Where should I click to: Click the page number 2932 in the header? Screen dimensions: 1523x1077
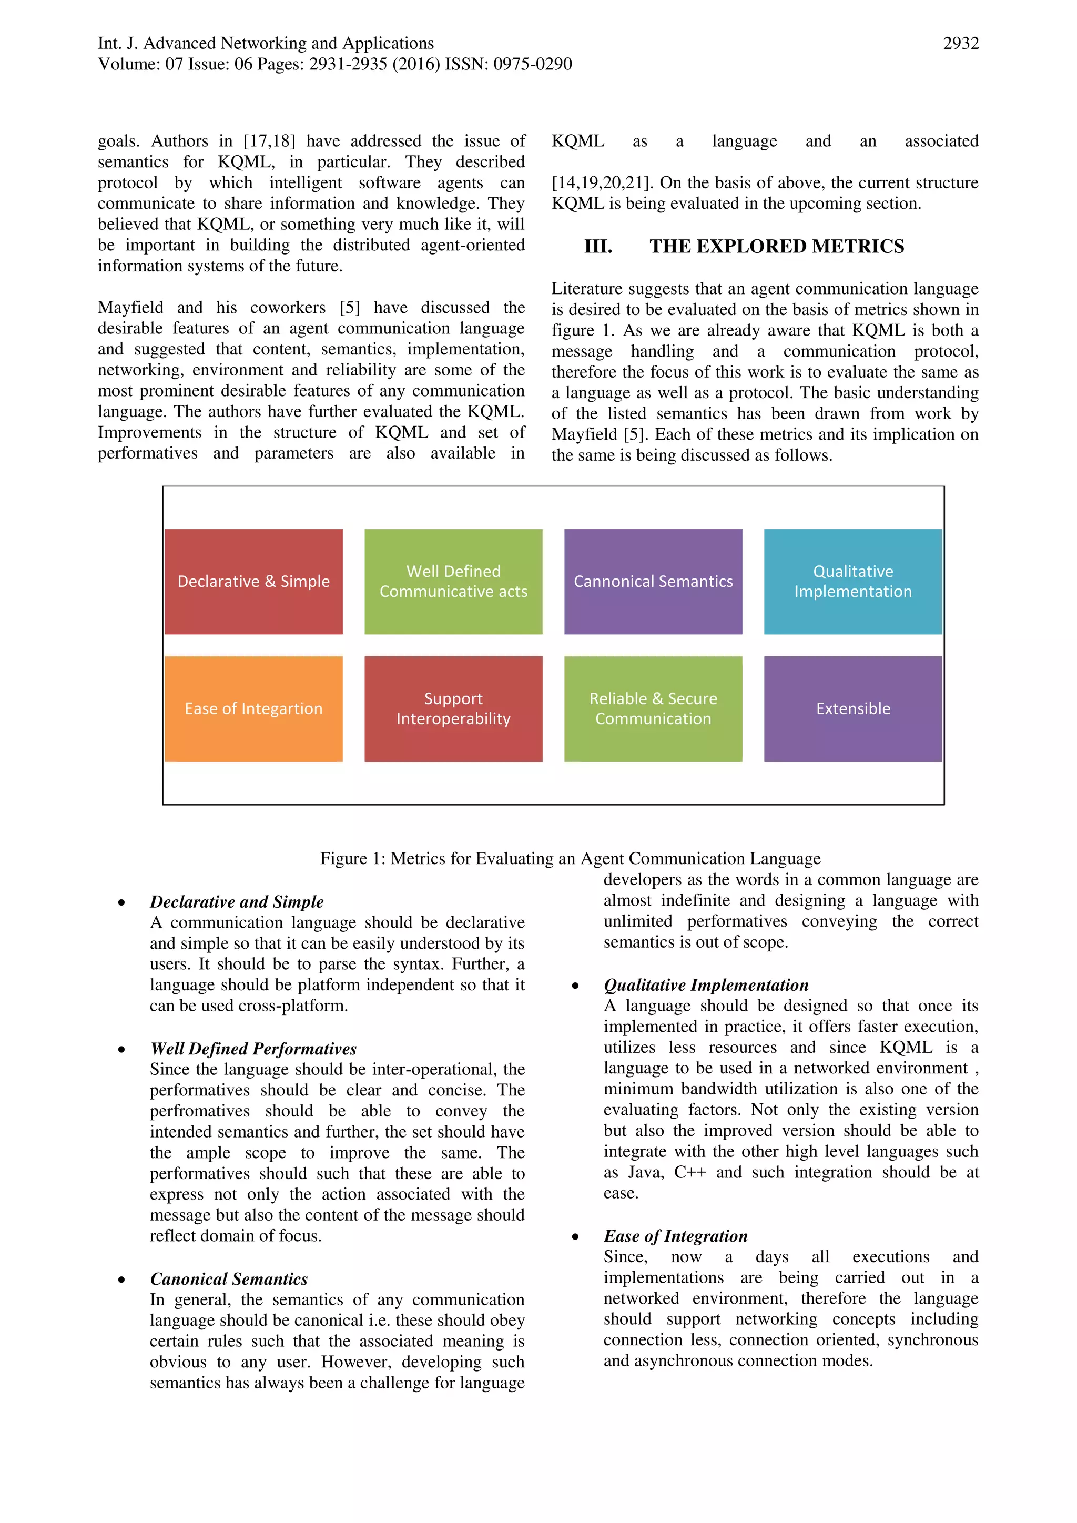click(x=960, y=44)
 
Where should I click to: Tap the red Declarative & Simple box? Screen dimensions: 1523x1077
click(x=253, y=581)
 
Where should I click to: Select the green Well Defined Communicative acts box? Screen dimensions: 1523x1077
click(x=453, y=581)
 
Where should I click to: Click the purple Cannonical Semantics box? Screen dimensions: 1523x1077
click(x=653, y=581)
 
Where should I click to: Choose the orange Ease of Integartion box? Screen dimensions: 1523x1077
click(x=253, y=708)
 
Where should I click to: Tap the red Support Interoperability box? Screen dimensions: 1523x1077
click(x=453, y=708)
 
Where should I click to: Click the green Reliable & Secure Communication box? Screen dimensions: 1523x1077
click(x=653, y=708)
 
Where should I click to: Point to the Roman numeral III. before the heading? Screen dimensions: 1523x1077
click(x=597, y=247)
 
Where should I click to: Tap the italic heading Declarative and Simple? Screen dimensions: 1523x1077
click(x=237, y=901)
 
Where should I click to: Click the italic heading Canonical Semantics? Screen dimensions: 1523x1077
click(x=229, y=1279)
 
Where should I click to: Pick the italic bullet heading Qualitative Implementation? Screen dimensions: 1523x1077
click(x=706, y=985)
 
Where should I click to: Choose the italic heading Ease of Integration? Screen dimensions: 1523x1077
click(x=675, y=1236)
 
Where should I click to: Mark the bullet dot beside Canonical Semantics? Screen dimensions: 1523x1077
click(x=121, y=1280)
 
